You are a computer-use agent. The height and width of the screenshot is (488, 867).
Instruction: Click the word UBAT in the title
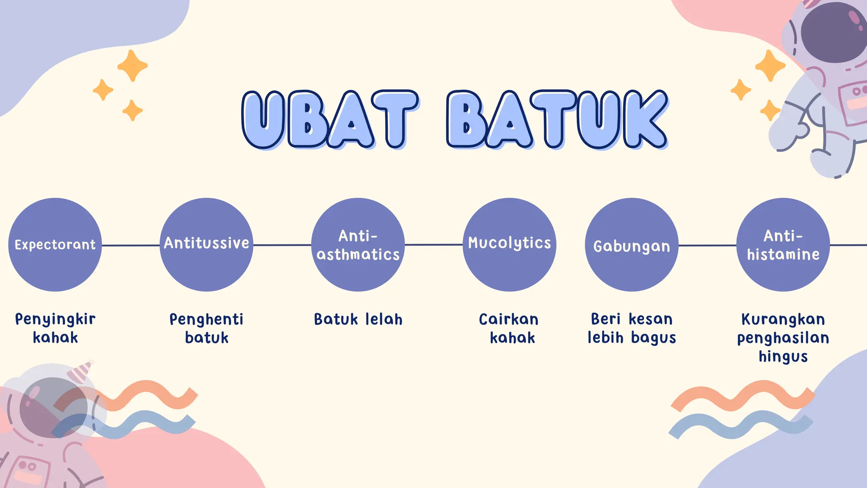pos(329,119)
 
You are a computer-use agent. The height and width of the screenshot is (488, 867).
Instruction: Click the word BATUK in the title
pos(557,119)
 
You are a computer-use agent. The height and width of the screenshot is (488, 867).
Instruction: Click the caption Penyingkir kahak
pos(55,328)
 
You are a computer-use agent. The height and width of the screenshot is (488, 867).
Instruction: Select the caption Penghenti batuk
pos(207,328)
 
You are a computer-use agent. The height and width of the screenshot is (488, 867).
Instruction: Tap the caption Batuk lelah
pos(358,319)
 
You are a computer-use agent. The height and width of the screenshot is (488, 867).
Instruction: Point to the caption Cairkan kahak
pos(509,328)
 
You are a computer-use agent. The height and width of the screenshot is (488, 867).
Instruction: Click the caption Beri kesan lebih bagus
pos(632,328)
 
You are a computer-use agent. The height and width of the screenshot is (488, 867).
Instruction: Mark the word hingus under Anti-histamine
pos(783,357)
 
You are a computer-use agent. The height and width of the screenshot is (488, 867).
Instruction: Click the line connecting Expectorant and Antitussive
pos(130,245)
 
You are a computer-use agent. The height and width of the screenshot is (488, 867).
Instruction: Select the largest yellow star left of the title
pos(133,66)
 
